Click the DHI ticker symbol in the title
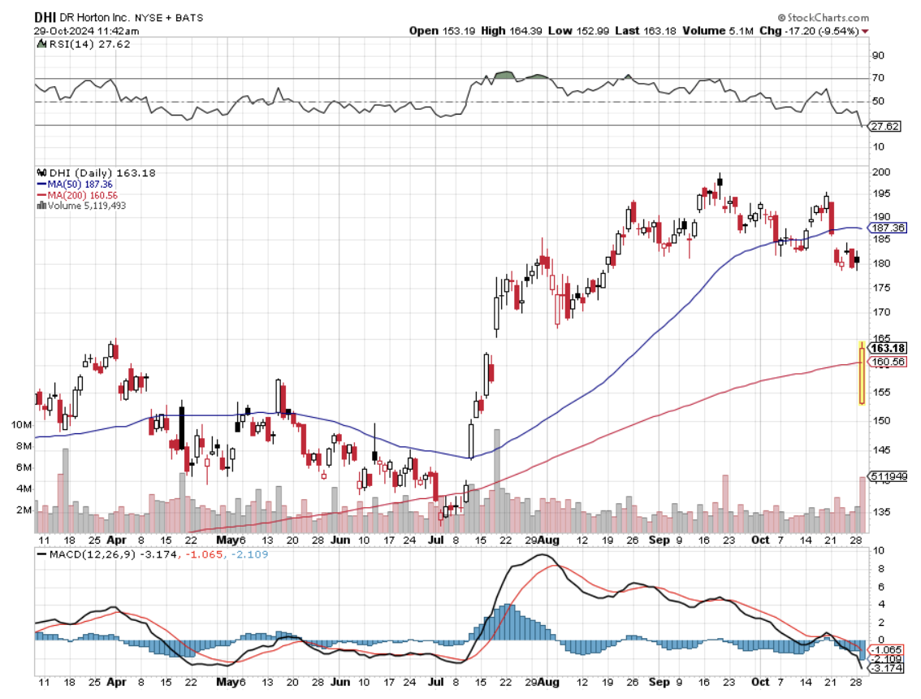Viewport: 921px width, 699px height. (46, 17)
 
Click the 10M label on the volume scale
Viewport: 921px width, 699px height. (21, 425)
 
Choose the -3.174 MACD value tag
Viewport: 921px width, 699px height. (884, 668)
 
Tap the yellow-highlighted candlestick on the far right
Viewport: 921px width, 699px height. (861, 372)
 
